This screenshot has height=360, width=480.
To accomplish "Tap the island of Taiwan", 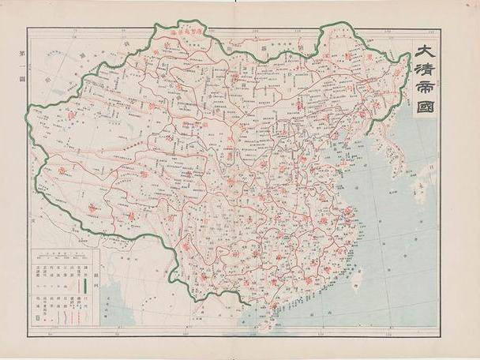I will pyautogui.click(x=358, y=276).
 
